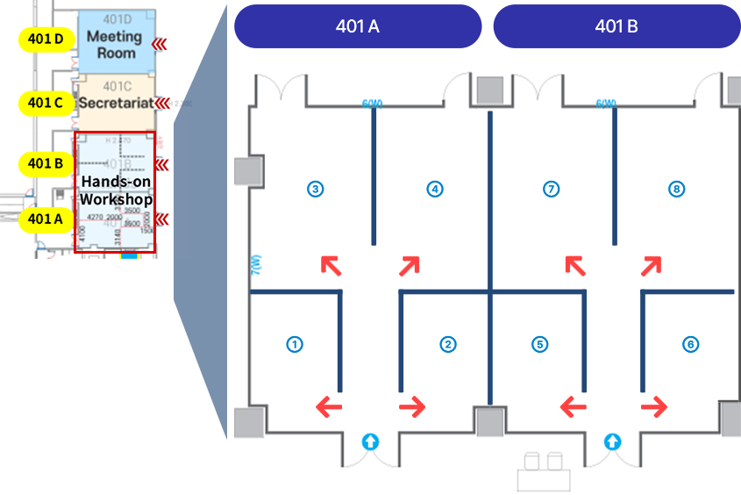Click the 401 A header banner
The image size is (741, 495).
click(x=357, y=26)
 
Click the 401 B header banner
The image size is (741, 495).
click(x=616, y=26)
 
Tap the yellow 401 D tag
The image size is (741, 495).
click(x=46, y=39)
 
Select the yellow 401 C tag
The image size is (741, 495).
click(x=46, y=103)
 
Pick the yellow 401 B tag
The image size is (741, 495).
click(x=46, y=162)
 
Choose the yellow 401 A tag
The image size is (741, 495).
click(x=46, y=219)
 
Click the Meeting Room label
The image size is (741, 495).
click(x=114, y=45)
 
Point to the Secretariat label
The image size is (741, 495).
click(x=116, y=104)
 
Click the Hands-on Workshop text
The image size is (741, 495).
click(x=116, y=190)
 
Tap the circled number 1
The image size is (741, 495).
click(x=296, y=344)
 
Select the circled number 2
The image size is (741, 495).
click(x=448, y=344)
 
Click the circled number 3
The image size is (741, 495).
click(x=316, y=188)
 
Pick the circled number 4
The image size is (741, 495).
click(x=434, y=188)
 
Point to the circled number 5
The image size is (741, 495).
click(x=539, y=344)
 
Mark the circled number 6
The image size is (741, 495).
click(x=691, y=344)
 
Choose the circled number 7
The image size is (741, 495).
click(x=552, y=188)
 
